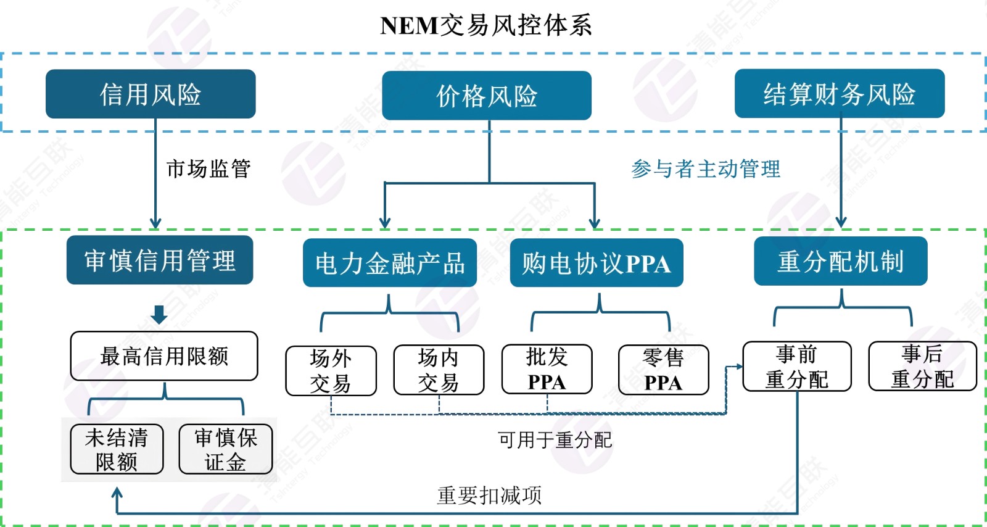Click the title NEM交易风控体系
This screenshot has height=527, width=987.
click(486, 25)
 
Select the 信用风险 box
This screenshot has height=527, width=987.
click(151, 94)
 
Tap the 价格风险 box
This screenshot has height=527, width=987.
click(487, 96)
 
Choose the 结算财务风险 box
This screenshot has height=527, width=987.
click(840, 94)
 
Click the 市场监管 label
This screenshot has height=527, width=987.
click(209, 168)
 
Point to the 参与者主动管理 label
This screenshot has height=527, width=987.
click(706, 168)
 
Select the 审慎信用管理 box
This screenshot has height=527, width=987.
click(160, 260)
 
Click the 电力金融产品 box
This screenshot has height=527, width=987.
click(390, 263)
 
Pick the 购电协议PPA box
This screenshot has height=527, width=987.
click(597, 263)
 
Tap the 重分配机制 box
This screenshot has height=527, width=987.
click(841, 261)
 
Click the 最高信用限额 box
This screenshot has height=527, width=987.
click(164, 356)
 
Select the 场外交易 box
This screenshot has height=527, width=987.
click(331, 370)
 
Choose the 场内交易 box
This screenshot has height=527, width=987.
click(439, 370)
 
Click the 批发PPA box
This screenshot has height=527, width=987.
click(547, 369)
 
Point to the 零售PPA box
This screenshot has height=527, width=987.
click(664, 370)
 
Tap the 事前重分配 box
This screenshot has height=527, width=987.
click(797, 367)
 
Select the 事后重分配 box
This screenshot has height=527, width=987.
click(923, 367)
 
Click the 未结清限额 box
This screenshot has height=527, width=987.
click(117, 449)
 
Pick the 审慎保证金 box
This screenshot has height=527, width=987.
click(226, 449)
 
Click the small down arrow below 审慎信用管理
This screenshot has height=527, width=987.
click(159, 314)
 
